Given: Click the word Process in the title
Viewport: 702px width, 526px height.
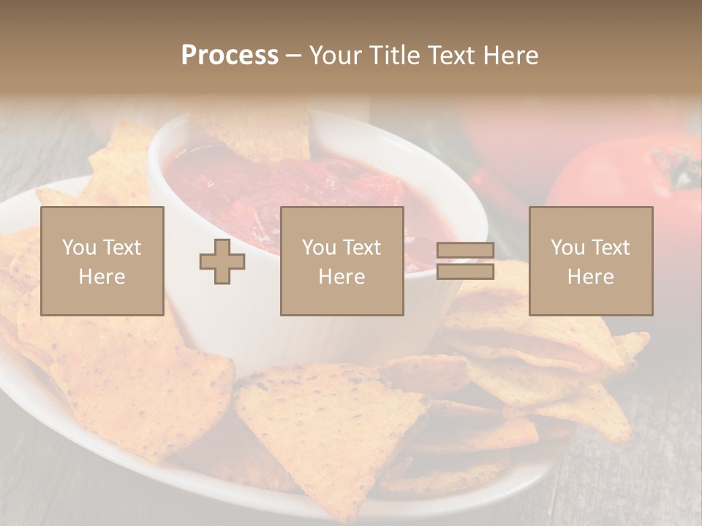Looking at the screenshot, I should click(x=230, y=56).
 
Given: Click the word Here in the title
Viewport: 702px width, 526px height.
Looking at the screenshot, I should click(x=511, y=56).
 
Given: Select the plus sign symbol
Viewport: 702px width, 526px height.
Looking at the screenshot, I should click(x=222, y=262).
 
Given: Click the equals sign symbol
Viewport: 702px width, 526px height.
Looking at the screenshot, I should click(x=465, y=262).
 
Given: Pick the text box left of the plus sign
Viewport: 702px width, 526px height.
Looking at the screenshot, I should click(x=102, y=262).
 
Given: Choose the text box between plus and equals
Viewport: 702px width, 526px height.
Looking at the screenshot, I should click(x=341, y=262).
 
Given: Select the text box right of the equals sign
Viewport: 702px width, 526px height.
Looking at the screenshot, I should click(x=590, y=262).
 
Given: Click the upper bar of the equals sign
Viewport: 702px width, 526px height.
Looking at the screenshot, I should click(x=465, y=251).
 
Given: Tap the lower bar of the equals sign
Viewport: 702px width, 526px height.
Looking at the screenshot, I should click(x=465, y=272).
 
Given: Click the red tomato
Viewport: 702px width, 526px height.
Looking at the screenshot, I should click(x=622, y=183).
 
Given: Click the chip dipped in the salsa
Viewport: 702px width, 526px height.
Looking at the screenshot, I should click(x=263, y=135).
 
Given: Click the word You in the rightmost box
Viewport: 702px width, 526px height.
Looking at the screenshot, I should click(x=567, y=248).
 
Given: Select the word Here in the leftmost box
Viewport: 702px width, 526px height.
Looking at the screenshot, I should click(x=102, y=277).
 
